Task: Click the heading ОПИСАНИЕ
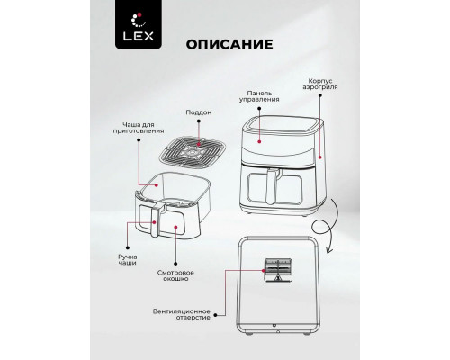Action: (x=229, y=44)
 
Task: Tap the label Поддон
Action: (x=199, y=112)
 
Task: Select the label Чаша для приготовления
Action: (x=139, y=128)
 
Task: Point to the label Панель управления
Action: (x=259, y=96)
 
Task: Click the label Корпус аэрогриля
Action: (x=320, y=84)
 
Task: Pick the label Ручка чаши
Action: (x=128, y=260)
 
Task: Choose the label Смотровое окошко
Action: (x=175, y=275)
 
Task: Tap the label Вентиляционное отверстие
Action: (x=182, y=314)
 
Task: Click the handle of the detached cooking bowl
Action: (x=157, y=220)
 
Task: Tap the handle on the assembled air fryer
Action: (x=273, y=187)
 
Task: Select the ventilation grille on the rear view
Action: (x=277, y=270)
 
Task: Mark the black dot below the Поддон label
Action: (x=199, y=121)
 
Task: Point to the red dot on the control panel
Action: (x=259, y=141)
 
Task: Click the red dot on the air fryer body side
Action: (x=320, y=157)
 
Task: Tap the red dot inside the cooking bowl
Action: (x=157, y=185)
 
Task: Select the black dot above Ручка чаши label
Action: (x=128, y=247)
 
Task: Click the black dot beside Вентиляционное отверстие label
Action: (x=215, y=315)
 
